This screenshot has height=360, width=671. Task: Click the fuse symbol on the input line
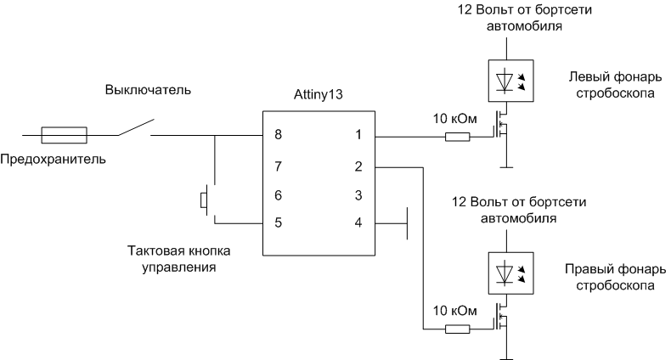[64, 134]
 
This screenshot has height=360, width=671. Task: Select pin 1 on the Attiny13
[358, 134]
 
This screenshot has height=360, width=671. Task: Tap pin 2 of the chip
[358, 165]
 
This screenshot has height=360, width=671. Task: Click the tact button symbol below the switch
[205, 201]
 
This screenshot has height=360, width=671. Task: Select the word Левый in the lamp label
[588, 76]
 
